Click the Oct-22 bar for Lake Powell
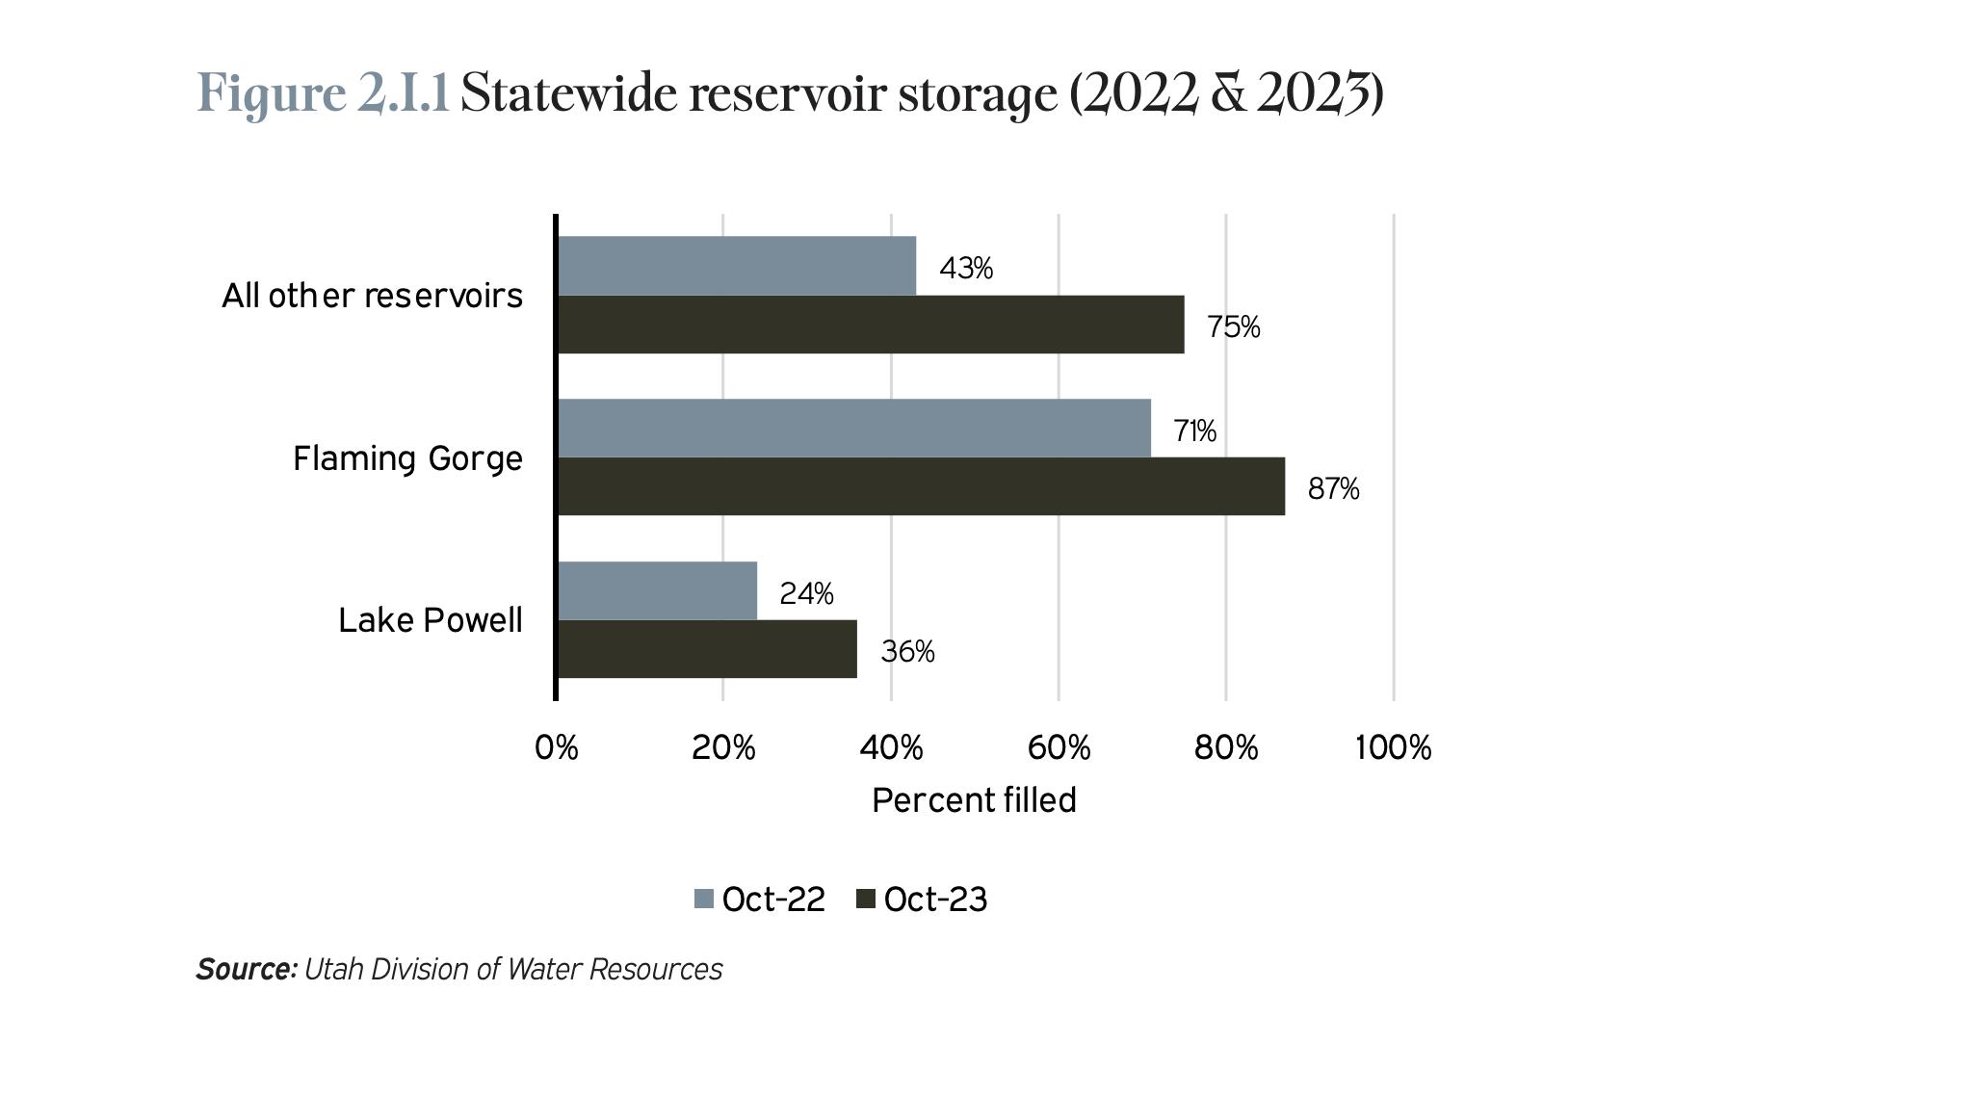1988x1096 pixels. (x=657, y=590)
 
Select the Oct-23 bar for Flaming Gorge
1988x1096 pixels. (x=921, y=486)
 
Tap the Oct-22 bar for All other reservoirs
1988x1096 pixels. (x=737, y=266)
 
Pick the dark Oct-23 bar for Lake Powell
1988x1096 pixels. (x=707, y=648)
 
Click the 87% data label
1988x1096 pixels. (x=1333, y=489)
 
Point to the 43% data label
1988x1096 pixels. (x=965, y=269)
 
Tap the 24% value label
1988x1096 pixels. (x=806, y=594)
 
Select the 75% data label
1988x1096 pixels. (x=1233, y=327)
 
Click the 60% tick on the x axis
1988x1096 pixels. (x=1059, y=747)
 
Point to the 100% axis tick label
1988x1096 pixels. (x=1393, y=747)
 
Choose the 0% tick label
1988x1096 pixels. (x=557, y=747)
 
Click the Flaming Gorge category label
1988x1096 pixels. (x=407, y=458)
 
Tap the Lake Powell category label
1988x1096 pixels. (x=430, y=620)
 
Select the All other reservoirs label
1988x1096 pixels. (x=372, y=296)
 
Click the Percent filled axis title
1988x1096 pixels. (x=974, y=800)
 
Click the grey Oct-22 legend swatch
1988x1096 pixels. (x=704, y=900)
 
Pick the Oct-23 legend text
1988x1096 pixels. (x=934, y=900)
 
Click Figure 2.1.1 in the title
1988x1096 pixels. (x=323, y=94)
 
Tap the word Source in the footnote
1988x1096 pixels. (x=245, y=969)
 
